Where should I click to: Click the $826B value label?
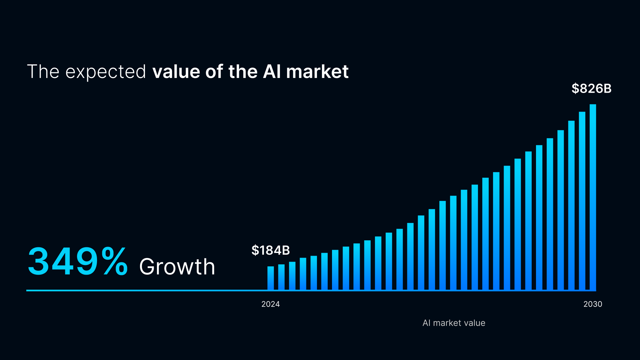(591, 89)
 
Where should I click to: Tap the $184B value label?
(270, 250)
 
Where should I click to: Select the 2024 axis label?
(270, 304)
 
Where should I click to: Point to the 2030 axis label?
(593, 304)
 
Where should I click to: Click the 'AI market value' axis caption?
(454, 323)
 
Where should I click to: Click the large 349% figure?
(77, 262)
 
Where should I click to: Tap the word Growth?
(177, 267)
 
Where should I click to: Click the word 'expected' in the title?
(106, 72)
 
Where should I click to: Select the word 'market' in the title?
(317, 72)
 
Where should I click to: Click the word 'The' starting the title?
(43, 72)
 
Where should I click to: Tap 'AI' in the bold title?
(272, 72)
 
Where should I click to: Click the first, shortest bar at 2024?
(270, 278)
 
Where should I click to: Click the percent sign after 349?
(115, 262)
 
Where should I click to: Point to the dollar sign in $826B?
(575, 89)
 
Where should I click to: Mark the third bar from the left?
(292, 276)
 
